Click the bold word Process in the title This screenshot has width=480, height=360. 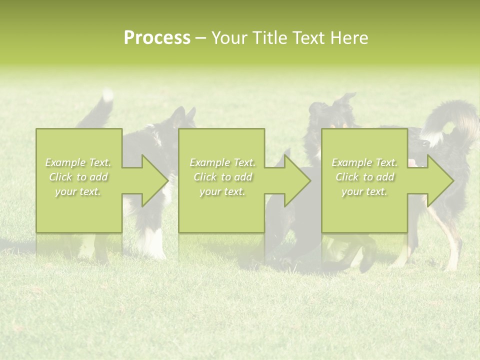tap(157, 38)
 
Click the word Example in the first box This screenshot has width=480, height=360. tap(65, 162)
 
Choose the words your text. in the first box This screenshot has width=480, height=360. tap(78, 191)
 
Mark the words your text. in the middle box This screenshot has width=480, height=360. tap(222, 191)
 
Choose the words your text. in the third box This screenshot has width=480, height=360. tap(364, 191)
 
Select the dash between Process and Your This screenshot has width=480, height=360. tap(200, 38)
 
